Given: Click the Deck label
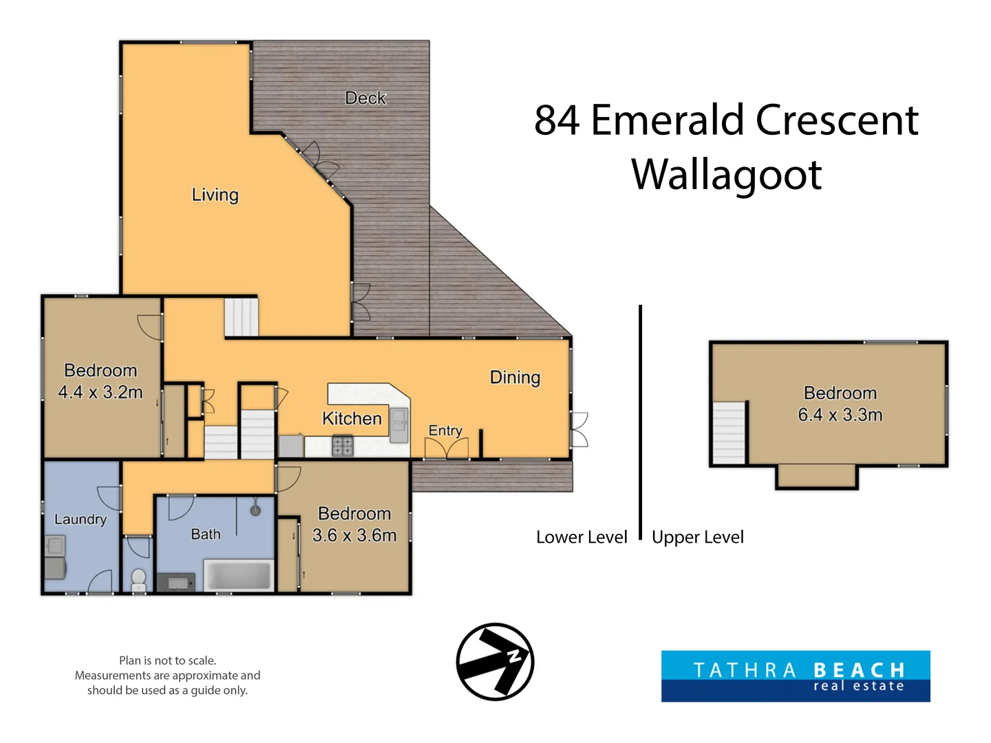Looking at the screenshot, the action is point(365,98).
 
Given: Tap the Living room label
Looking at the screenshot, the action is point(215,195).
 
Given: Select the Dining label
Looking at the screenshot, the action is point(515,378).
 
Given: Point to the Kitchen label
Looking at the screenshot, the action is point(352,419).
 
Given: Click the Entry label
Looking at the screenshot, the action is point(445,431).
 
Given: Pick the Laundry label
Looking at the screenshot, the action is point(81,519).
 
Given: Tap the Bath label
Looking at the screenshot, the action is point(205,534).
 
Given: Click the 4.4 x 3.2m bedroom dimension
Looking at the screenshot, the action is point(100,392).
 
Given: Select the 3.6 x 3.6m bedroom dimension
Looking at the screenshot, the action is point(354,535).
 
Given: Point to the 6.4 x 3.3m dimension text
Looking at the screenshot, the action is point(840,415).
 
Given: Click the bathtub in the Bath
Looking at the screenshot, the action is point(238,575).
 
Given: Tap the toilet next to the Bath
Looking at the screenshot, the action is point(138,580).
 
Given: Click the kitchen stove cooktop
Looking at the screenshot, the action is point(343,445).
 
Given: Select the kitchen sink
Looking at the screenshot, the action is point(398,425).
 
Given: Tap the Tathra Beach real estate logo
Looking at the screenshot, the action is point(796,676).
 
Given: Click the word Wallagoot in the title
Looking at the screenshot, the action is point(726,175).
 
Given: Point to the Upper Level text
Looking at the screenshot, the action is point(698,537).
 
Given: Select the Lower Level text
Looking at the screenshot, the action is point(582,537).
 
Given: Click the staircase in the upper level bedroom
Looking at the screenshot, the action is point(728,433).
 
